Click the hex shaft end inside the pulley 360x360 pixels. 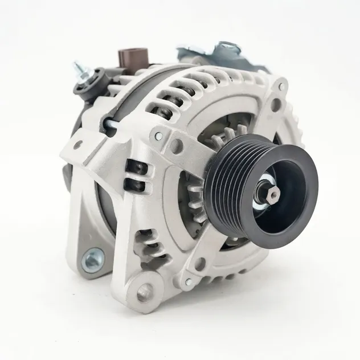click(x=272, y=196)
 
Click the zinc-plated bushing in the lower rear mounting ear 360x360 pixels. click(x=93, y=260)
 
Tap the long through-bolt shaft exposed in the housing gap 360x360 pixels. click(x=114, y=121)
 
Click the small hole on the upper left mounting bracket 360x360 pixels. click(x=77, y=146)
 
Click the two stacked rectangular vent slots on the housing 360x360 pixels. click(x=136, y=176)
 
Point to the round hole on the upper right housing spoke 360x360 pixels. click(x=276, y=105)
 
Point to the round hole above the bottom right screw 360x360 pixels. click(x=201, y=264)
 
